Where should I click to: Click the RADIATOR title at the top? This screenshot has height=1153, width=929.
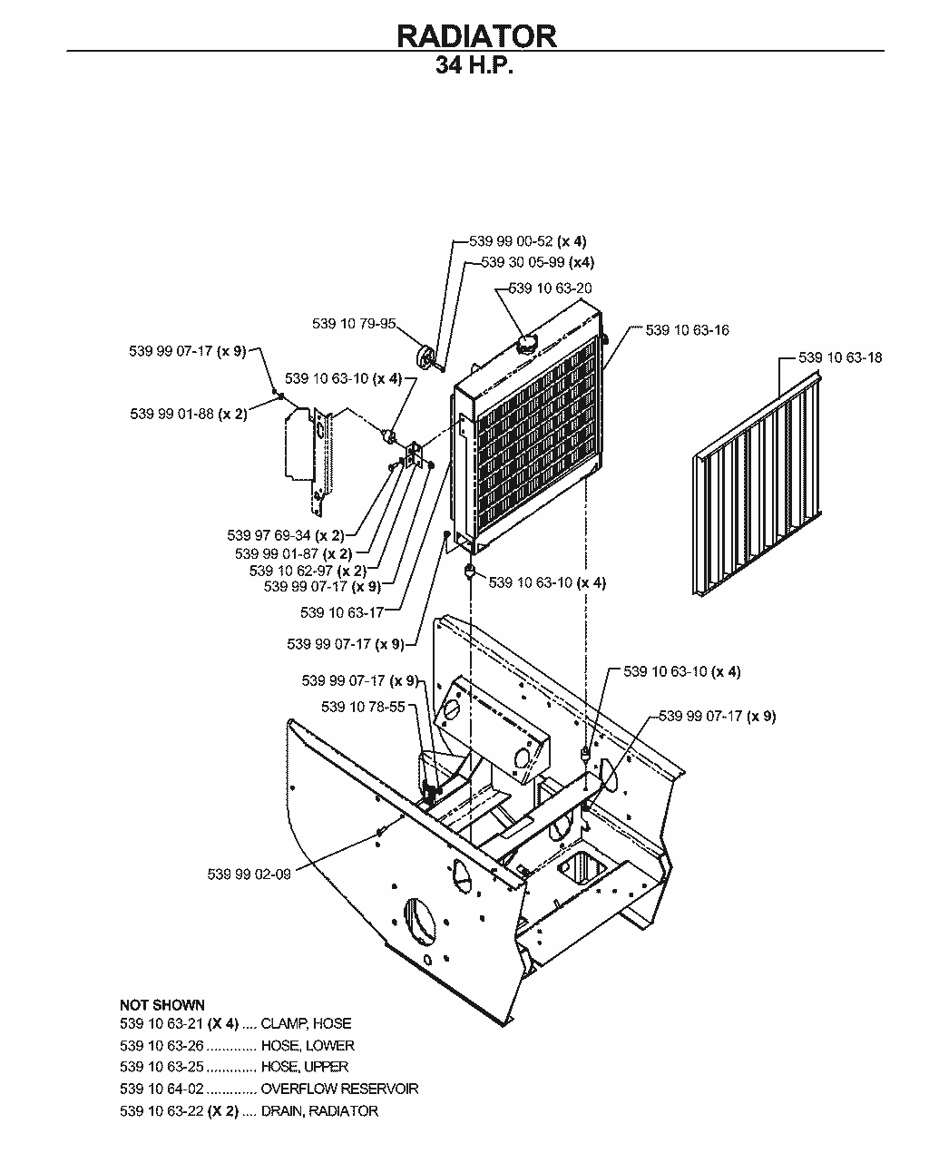(x=476, y=36)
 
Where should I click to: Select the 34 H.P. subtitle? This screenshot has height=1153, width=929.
(x=474, y=65)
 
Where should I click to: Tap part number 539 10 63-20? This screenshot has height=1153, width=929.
(x=550, y=288)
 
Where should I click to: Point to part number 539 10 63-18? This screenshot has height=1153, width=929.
(x=839, y=357)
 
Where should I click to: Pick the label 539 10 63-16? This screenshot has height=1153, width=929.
(x=687, y=330)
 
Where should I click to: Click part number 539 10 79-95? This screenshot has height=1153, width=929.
(x=354, y=324)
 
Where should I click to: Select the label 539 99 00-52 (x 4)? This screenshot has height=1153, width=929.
(x=528, y=241)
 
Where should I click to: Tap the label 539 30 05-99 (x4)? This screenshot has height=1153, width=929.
(x=537, y=262)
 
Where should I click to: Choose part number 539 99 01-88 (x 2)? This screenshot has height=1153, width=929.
(x=189, y=414)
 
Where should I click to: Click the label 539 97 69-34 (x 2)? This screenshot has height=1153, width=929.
(x=286, y=535)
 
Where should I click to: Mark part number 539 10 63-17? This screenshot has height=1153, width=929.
(x=342, y=612)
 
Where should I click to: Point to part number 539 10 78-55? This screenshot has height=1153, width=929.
(x=363, y=707)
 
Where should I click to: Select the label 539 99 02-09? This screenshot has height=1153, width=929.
(x=249, y=875)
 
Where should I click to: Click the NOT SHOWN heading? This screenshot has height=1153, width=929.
(x=162, y=1004)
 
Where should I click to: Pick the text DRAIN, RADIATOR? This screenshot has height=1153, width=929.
(x=319, y=1110)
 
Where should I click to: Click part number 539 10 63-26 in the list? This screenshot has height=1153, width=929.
(x=161, y=1045)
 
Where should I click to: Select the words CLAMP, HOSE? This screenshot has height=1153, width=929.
(x=306, y=1023)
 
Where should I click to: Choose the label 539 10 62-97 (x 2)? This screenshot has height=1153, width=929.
(x=308, y=571)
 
